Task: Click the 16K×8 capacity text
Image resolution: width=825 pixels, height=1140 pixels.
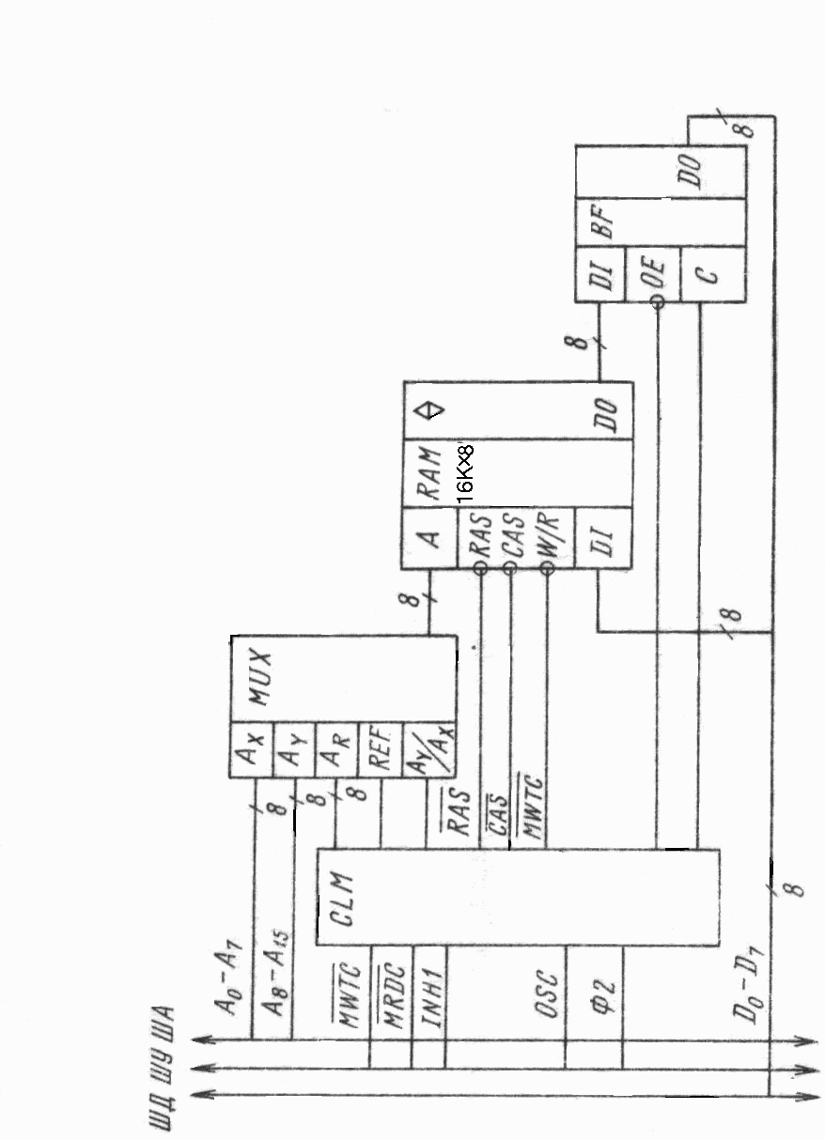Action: (467, 472)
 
